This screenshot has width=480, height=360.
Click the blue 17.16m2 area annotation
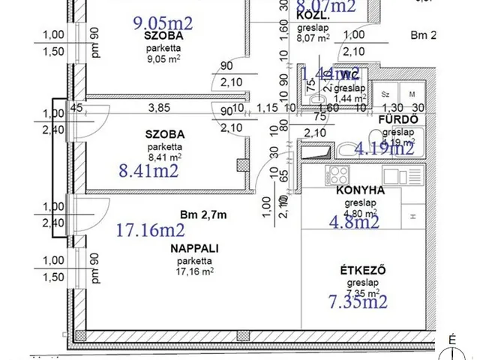point(151,230)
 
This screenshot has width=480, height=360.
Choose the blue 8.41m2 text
point(148,172)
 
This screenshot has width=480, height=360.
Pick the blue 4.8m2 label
point(355,221)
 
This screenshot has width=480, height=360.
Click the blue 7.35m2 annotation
point(358,301)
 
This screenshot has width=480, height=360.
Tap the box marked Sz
point(385,94)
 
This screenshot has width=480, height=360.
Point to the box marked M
point(412,94)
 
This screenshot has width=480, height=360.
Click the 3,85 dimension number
point(159,108)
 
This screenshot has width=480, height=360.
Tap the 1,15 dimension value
point(266,108)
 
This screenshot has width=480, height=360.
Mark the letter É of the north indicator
point(452,339)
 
